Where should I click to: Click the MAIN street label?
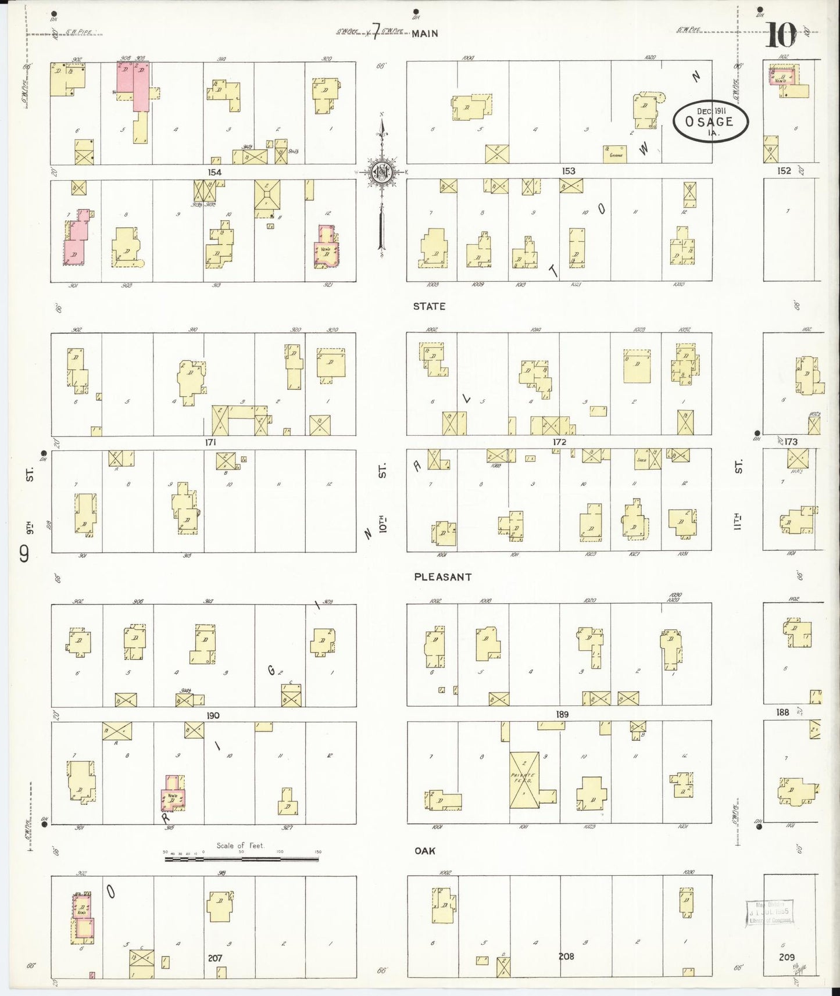coord(425,34)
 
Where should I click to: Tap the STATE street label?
coord(429,306)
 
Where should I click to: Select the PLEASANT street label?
coord(442,577)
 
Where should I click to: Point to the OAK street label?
coord(424,851)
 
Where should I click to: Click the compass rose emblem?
coord(381,173)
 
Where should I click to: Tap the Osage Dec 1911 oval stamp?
coord(710,121)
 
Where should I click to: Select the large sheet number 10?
coord(780,36)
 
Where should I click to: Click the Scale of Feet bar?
coord(241,858)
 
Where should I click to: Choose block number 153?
coord(568,171)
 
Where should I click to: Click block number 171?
coord(210,442)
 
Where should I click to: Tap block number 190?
coord(213,715)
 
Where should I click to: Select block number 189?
coord(562,714)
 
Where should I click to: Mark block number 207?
coord(215,958)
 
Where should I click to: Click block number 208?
coord(566,956)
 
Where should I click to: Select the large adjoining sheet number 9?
coord(24,555)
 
